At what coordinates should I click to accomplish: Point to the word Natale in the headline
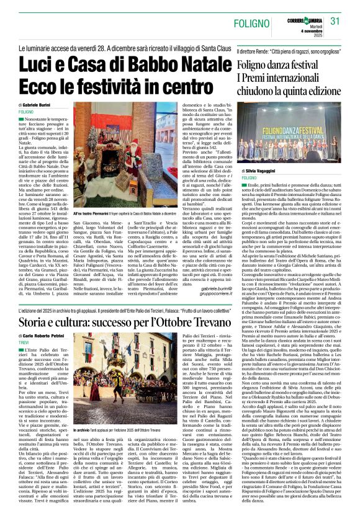(x=196, y=63)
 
